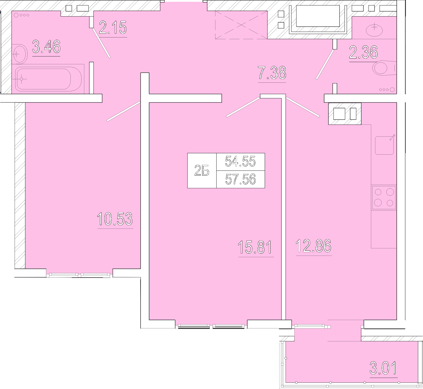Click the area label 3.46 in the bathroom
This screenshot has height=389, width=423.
point(46,47)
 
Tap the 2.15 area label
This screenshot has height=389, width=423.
point(113,27)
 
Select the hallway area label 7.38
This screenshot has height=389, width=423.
point(272,73)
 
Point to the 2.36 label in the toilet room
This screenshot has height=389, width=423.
point(363,52)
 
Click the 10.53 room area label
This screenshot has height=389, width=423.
point(115,219)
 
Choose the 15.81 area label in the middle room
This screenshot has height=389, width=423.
point(255,247)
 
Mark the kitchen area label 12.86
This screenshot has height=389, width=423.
point(313,246)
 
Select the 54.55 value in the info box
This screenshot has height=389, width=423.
point(240,161)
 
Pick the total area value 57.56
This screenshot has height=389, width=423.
point(240,179)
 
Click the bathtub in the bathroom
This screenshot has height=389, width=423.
point(48,79)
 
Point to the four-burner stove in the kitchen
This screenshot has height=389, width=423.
point(384,198)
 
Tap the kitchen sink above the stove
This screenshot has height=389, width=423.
point(384,145)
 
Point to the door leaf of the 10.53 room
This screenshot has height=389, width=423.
point(123,111)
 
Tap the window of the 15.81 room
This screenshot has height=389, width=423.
point(211,326)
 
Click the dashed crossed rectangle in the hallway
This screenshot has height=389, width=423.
point(241,25)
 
